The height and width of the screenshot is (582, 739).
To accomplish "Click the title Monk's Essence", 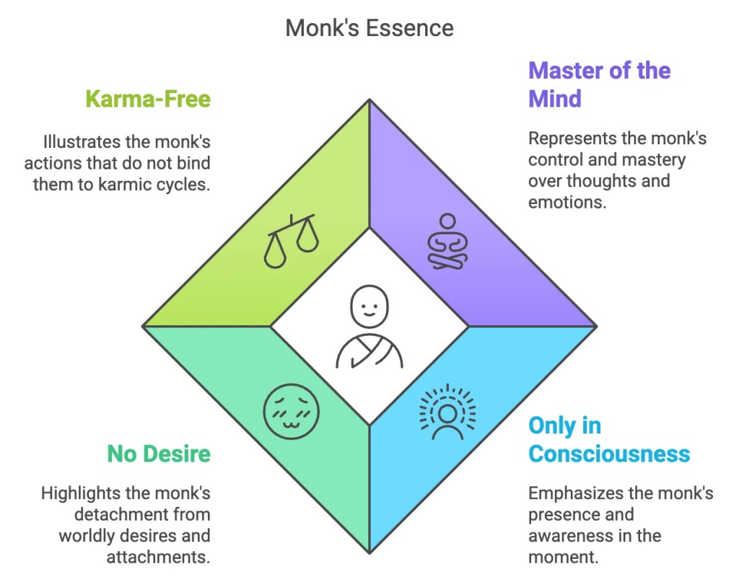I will click(369, 28).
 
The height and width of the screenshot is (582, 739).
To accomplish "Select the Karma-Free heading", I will click(148, 98).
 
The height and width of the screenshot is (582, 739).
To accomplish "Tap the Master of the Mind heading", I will click(599, 84).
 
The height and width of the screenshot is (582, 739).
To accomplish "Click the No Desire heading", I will click(159, 454).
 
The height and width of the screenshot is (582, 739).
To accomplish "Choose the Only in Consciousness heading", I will click(608, 440).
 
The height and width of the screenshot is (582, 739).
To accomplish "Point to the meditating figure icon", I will click(447, 242).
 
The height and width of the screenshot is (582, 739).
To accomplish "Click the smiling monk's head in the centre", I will click(369, 306).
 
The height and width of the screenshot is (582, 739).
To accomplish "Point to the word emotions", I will click(565, 202).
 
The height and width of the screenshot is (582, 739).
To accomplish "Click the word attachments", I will click(158, 557).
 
